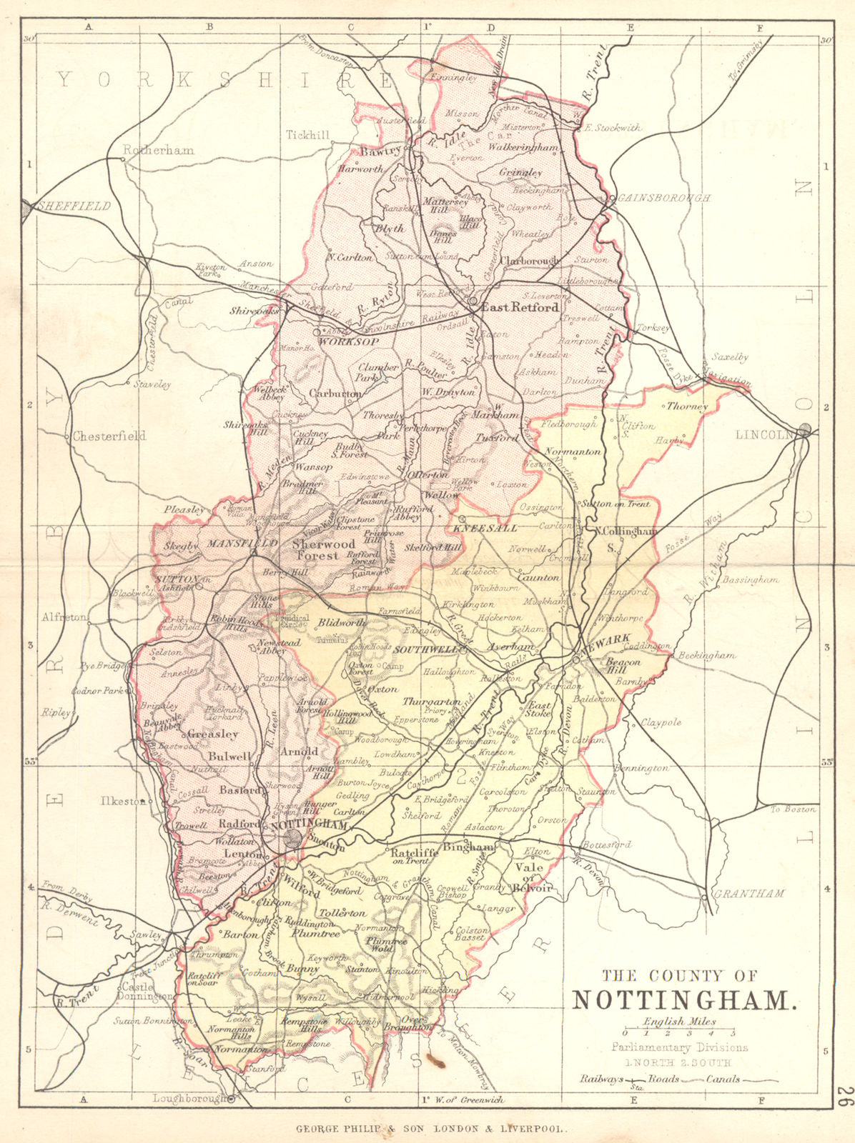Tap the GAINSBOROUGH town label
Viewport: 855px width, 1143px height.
tap(664, 198)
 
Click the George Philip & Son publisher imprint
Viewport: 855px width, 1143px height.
tap(432, 1129)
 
